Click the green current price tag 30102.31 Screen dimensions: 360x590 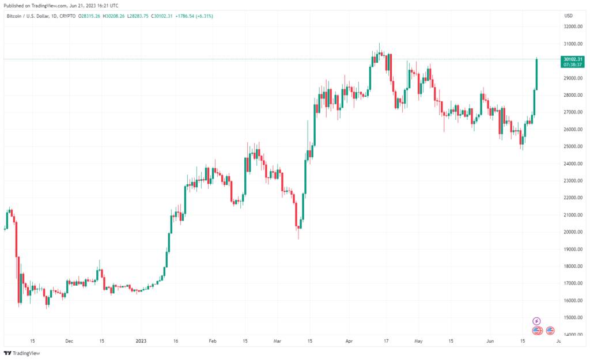pos(573,59)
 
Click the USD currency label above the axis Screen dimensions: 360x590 pos(569,16)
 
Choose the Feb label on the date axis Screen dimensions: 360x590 pos(211,340)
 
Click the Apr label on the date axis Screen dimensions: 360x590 pos(349,340)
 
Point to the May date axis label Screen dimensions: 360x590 pos(419,340)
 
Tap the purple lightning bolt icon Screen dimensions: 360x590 pos(536,321)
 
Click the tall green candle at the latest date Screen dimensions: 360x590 pos(536,74)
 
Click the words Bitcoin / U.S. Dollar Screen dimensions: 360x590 pos(26,16)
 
